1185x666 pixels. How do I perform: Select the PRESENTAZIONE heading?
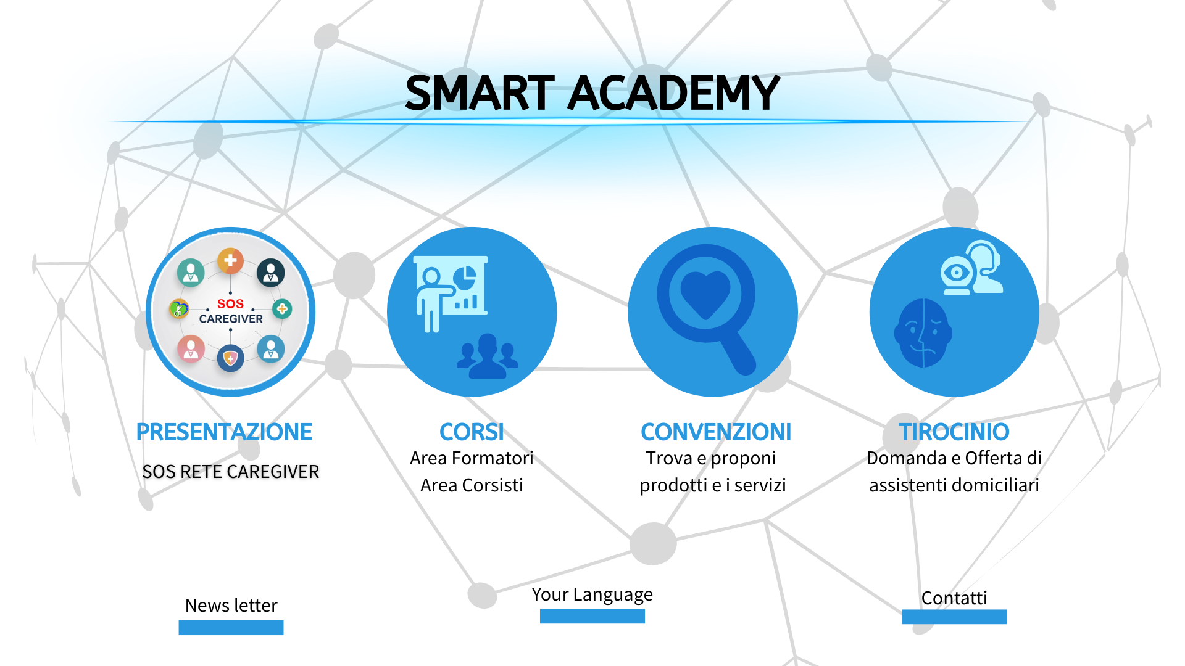coord(224,432)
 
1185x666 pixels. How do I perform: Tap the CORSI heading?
coord(472,432)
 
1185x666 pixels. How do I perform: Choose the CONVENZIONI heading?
coord(716,432)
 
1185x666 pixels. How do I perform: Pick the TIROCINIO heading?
coord(954,432)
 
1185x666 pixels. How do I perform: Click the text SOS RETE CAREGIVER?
coord(231,472)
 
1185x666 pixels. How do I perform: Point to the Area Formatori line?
coord(472,458)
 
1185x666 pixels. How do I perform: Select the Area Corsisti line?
coord(472,485)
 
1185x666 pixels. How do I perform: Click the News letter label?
coord(231,606)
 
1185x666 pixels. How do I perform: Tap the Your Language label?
coord(592,594)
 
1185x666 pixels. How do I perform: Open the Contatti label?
coord(954,598)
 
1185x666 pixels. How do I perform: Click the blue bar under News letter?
coord(231,628)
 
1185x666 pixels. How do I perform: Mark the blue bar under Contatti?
coord(954,617)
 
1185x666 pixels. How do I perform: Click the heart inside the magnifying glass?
coord(705,294)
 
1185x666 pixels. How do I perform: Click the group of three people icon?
coord(488,356)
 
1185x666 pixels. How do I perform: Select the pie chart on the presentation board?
coord(464,278)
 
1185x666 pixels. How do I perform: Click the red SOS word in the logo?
coord(230,304)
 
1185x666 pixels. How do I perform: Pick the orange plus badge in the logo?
coord(230,261)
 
